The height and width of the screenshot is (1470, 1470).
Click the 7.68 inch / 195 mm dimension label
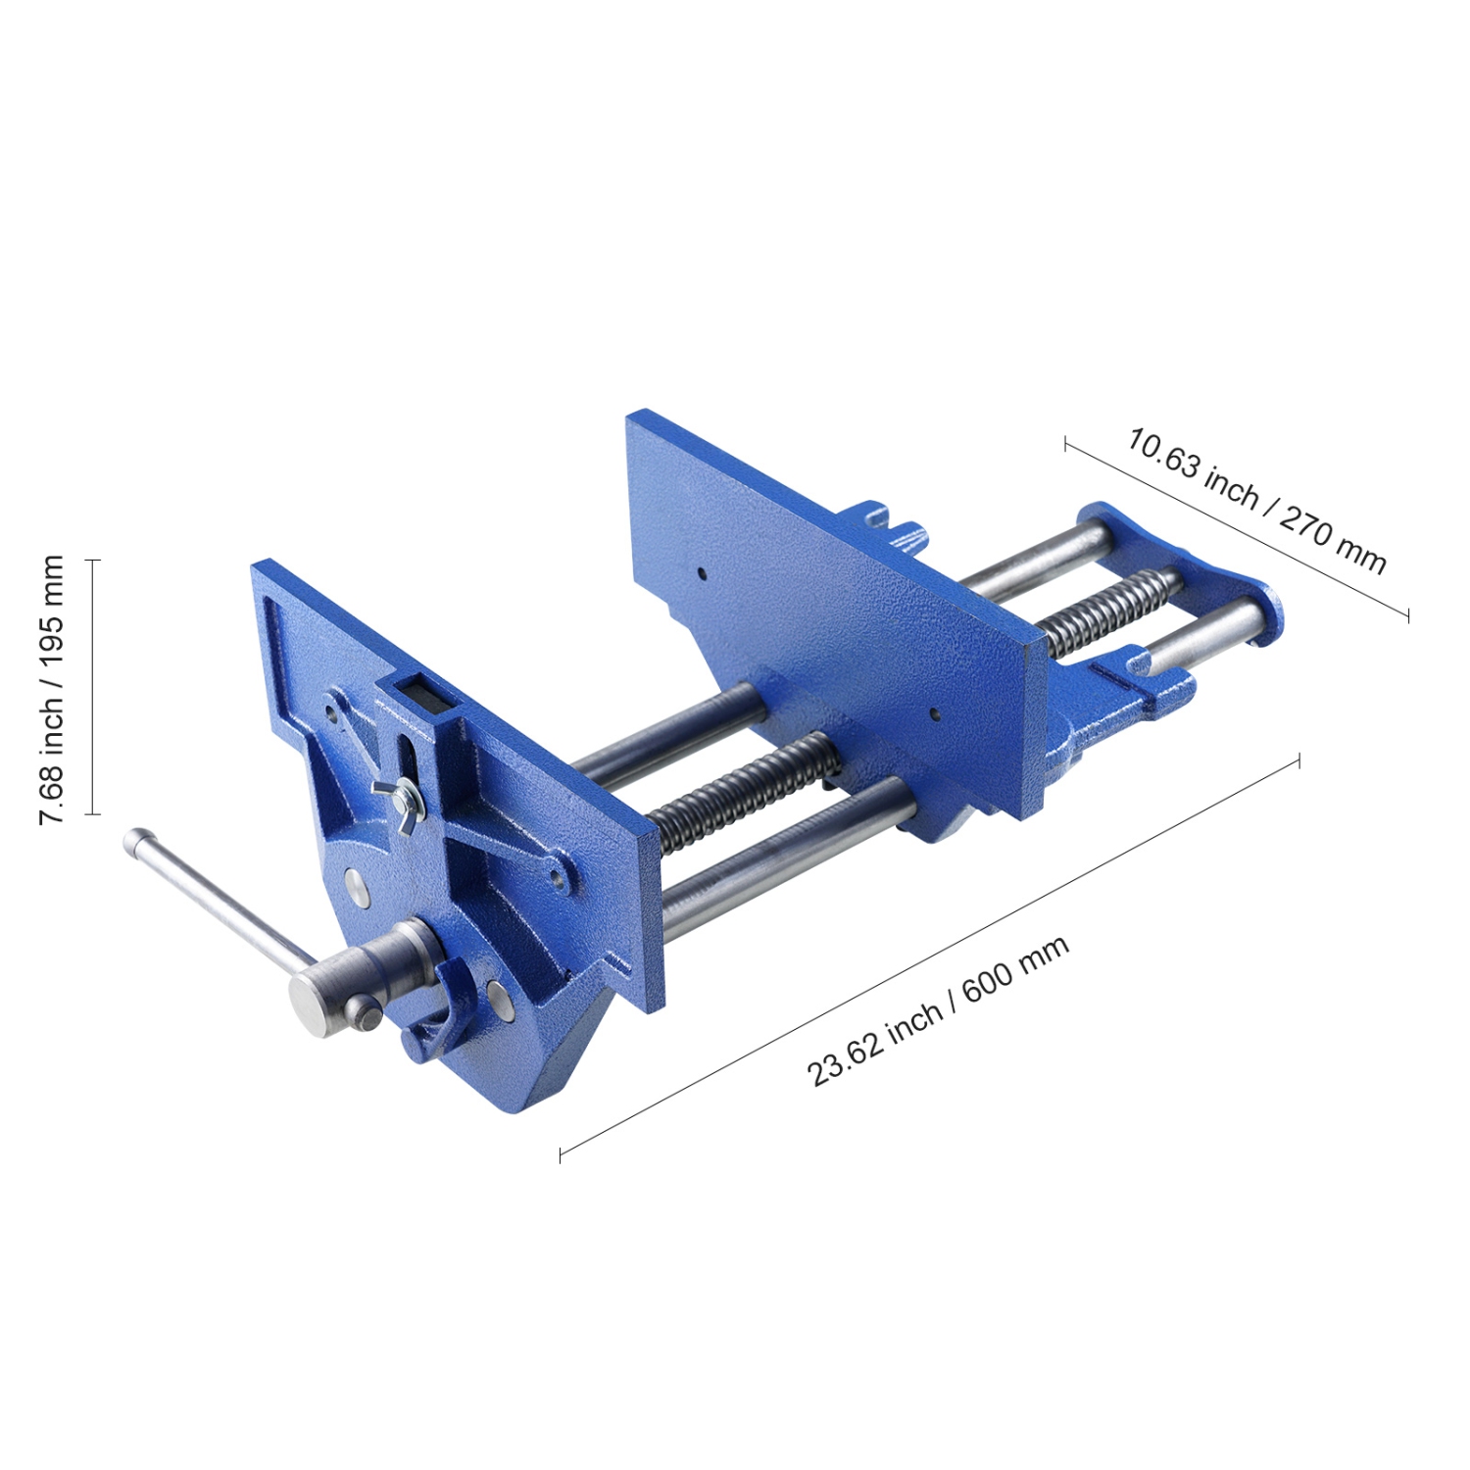(x=51, y=689)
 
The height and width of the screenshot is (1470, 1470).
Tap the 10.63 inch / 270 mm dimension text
(x=1256, y=500)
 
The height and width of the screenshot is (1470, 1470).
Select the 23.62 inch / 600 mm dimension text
(x=937, y=1011)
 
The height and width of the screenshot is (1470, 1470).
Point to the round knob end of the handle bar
(x=139, y=842)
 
